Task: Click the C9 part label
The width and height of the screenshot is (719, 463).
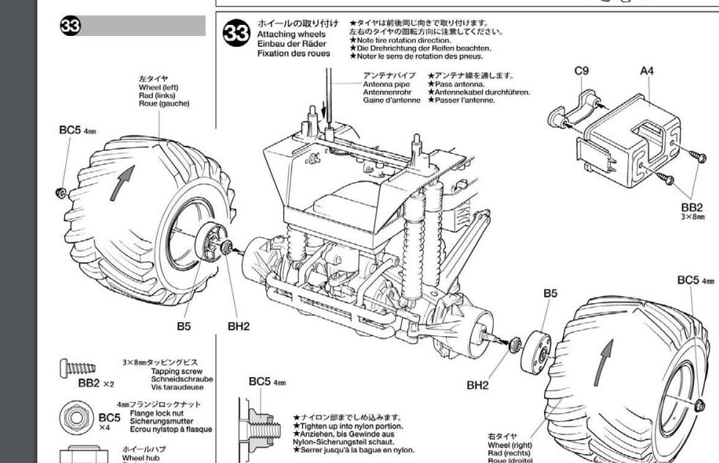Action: click(x=581, y=71)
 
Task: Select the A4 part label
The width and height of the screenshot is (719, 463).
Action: click(x=647, y=71)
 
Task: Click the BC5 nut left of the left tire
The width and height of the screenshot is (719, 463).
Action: click(x=62, y=192)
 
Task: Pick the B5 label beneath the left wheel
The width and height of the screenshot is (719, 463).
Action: click(x=183, y=326)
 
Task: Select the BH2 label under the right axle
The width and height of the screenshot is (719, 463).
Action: click(x=477, y=385)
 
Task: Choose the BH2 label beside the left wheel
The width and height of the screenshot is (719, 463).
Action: click(x=238, y=326)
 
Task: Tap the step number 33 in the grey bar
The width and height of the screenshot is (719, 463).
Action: click(x=71, y=26)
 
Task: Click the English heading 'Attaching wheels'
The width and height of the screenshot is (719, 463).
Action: click(x=292, y=34)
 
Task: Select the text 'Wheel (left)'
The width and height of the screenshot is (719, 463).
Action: click(x=158, y=87)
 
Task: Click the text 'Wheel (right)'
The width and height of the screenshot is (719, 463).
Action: click(x=510, y=444)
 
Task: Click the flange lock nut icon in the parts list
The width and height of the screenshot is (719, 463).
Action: click(x=75, y=417)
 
